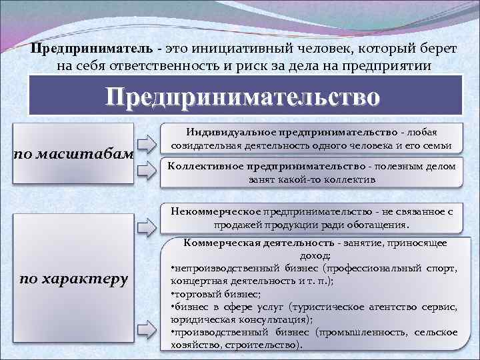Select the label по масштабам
(x=74, y=155)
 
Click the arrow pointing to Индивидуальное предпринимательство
(x=146, y=143)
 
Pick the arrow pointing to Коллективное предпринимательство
(x=146, y=171)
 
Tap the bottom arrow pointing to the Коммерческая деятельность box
(x=147, y=328)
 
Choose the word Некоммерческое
(x=215, y=211)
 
